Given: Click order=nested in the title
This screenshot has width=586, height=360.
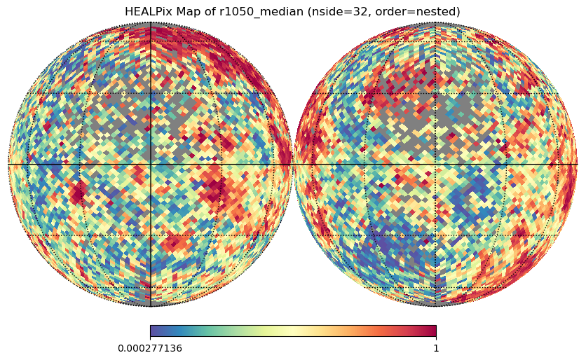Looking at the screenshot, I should (421, 12).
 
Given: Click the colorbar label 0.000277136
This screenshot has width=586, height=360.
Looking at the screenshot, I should (150, 348).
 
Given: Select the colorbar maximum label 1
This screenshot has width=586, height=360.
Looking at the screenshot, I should (436, 348).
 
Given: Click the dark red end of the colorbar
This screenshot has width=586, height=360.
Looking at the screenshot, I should (433, 331).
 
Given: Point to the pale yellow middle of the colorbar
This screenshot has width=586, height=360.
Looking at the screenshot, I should (293, 331).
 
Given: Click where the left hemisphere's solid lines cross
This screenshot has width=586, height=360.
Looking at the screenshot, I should (150, 164).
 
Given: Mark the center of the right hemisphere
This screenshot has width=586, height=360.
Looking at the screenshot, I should (435, 164).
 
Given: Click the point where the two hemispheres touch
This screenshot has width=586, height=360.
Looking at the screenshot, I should (292, 164).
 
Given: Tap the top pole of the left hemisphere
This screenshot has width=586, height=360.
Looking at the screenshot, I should (150, 22).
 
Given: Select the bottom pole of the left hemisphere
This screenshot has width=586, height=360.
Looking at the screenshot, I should (150, 305).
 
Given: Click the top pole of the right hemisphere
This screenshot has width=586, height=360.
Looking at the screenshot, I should (435, 22).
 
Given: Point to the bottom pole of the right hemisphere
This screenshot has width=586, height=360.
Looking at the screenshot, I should (435, 305).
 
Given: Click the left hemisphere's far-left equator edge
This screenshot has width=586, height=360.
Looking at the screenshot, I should (8, 164).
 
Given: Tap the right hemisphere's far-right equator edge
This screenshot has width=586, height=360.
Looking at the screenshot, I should (577, 164).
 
